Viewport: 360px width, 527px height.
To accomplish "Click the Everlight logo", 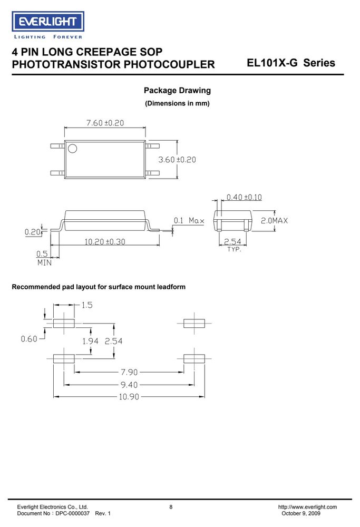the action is click(48, 25).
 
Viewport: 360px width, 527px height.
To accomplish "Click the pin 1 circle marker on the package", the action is click(72, 149).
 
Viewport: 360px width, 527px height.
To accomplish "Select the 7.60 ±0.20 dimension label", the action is click(105, 123).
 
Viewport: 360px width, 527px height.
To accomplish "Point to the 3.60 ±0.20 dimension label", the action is click(177, 160).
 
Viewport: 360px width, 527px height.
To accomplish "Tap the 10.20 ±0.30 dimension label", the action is click(105, 242).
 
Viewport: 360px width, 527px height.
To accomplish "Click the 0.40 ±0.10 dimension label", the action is click(244, 197).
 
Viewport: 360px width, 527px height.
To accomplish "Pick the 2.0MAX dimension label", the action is click(274, 220).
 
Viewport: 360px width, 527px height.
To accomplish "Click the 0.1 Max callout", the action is click(189, 220).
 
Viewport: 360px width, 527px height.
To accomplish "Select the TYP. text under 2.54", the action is click(234, 249).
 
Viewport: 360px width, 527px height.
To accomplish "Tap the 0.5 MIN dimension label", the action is click(44, 258).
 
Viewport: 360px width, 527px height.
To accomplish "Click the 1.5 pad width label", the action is click(87, 305).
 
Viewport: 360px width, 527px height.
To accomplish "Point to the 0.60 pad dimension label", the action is click(29, 339).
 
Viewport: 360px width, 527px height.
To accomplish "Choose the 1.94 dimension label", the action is click(91, 341).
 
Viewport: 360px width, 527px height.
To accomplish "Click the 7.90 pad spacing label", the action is click(130, 372).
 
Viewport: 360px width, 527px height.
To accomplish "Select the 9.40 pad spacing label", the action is click(130, 385).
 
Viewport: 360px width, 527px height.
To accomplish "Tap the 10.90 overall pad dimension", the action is click(129, 397).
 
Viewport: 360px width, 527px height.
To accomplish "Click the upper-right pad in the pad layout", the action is click(194, 324).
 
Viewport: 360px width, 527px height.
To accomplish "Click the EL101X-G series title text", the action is click(291, 63).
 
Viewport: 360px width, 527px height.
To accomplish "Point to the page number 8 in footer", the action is click(171, 507).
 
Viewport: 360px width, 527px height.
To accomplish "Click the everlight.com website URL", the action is click(308, 507).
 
